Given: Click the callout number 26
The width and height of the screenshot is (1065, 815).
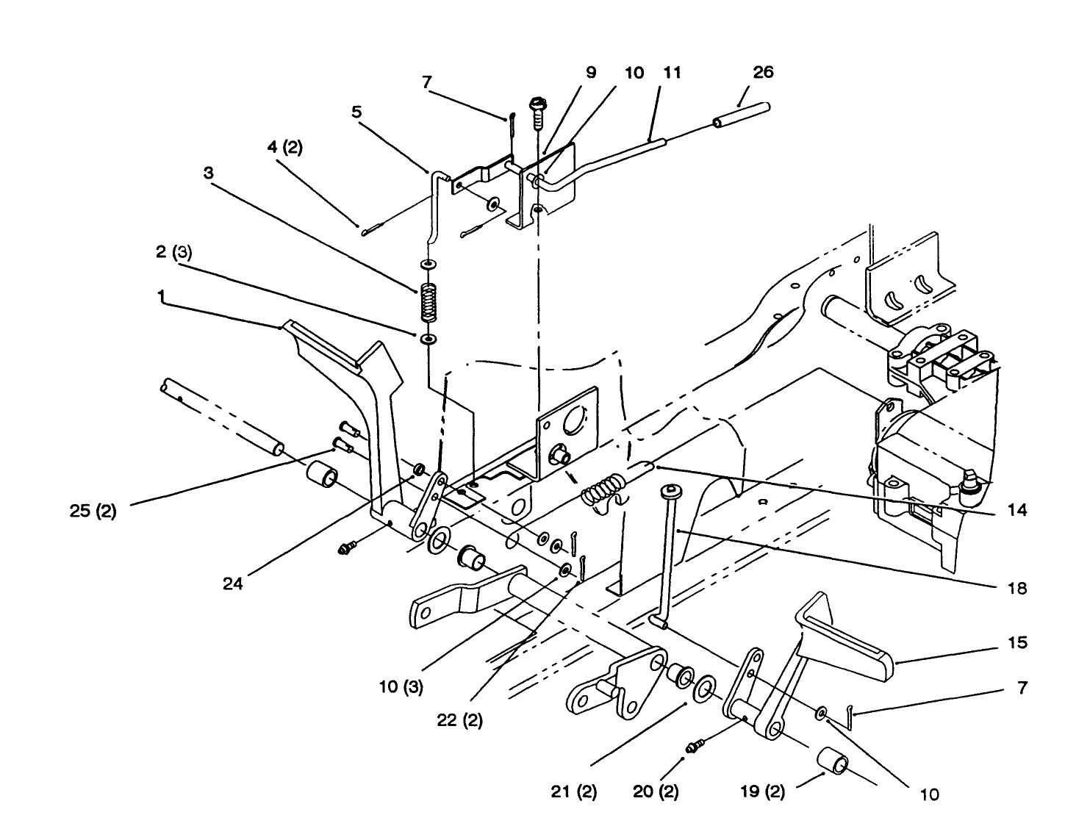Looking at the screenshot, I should (763, 72).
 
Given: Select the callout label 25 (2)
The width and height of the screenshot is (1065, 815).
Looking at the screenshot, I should (93, 511).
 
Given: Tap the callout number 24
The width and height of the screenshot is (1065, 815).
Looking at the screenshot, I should (233, 584).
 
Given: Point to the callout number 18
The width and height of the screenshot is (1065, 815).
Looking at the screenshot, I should (1017, 588).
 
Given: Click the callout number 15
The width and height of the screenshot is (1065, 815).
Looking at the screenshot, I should (1017, 642).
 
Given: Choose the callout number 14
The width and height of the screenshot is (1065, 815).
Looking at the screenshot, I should (1017, 509).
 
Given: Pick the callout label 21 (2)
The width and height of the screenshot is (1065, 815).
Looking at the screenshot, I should (573, 792).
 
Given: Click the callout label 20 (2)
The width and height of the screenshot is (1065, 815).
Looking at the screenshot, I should (655, 792).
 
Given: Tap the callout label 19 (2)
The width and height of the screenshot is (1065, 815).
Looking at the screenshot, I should (762, 792).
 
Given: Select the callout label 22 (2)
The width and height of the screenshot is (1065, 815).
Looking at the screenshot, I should (460, 720).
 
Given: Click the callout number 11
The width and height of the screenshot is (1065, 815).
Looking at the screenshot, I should (672, 72).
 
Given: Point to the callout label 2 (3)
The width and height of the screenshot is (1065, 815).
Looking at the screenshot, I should (173, 252).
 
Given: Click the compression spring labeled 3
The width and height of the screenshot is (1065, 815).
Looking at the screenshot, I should (428, 302).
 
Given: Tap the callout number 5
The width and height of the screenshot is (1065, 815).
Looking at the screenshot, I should (356, 112).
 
